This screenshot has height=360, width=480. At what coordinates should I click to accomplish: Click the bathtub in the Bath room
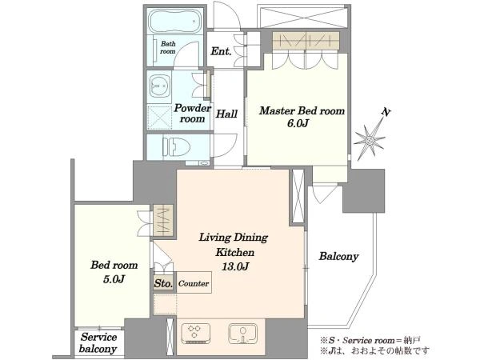(175, 21)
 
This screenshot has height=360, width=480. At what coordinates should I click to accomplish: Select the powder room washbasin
(158, 86)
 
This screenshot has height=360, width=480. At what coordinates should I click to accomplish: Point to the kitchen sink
(242, 334)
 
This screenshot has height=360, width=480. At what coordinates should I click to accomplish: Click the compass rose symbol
(370, 140)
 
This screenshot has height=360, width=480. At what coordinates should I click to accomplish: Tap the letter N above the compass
(386, 112)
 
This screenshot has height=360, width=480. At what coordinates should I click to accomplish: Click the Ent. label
(221, 51)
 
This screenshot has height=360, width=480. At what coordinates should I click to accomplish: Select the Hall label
(226, 114)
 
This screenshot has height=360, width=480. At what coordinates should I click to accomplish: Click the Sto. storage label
(163, 283)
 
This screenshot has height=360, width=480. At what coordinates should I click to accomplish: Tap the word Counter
(194, 283)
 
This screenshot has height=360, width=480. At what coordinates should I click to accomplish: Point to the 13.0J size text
(234, 266)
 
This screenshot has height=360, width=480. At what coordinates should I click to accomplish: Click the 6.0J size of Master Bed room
(298, 123)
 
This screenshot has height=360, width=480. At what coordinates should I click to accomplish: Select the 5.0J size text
(114, 279)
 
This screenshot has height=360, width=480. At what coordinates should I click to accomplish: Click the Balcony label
(338, 256)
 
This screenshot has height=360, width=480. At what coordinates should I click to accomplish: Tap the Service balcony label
(98, 343)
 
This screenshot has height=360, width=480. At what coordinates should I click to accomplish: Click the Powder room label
(192, 114)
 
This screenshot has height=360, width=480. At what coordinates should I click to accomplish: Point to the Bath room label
(168, 47)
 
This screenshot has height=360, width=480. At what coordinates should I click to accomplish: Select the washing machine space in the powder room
(159, 117)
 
